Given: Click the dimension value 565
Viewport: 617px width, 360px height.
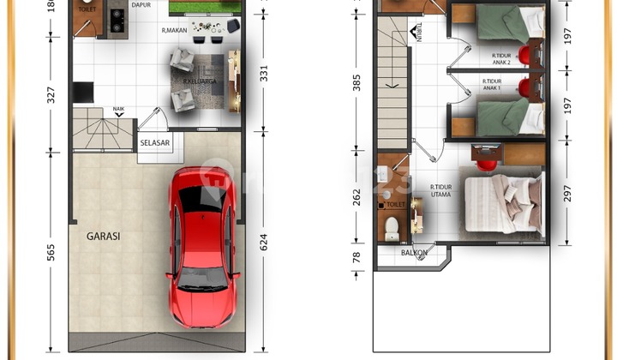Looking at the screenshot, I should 51,252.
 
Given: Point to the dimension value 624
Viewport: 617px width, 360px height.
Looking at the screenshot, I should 263,243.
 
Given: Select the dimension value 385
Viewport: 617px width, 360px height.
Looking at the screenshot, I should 356,83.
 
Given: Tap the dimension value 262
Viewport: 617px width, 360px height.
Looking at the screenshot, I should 356,196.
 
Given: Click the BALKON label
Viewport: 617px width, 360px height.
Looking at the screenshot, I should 414,253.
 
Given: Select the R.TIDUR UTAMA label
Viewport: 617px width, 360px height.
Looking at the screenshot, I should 441,191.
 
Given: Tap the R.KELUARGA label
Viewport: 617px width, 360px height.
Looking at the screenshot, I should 198,82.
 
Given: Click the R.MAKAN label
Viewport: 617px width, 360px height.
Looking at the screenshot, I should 175,31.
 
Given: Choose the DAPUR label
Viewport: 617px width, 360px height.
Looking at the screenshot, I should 141,5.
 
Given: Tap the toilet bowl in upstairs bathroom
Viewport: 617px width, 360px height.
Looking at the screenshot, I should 392,229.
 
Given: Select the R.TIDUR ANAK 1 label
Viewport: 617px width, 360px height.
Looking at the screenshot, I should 492,87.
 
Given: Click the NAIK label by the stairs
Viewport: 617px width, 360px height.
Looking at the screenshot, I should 118,110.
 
